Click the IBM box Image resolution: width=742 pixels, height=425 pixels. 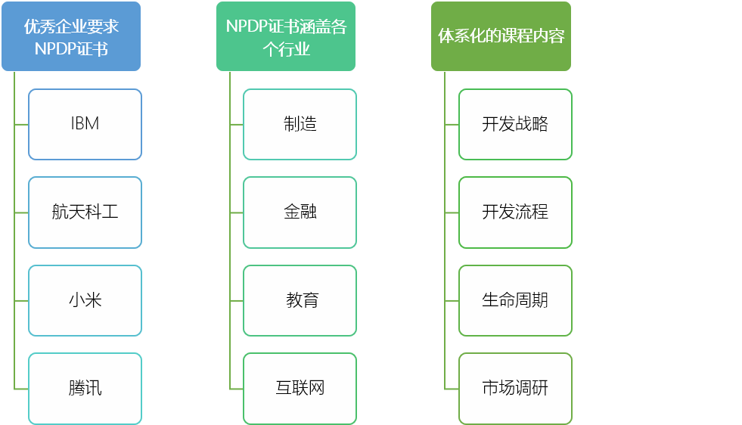[85, 124]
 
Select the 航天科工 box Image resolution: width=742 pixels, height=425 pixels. [85, 212]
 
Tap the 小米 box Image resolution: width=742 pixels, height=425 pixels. [85, 300]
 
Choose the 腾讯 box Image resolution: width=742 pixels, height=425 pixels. [85, 388]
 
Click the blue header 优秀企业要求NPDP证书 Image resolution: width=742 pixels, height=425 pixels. [71, 36]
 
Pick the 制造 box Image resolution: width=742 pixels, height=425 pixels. [300, 124]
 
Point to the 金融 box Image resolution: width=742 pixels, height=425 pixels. [300, 212]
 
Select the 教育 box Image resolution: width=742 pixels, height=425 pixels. [300, 300]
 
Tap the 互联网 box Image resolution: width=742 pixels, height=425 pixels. [300, 388]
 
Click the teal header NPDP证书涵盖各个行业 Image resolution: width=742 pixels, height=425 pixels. [286, 36]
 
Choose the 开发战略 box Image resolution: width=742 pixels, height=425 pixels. [515, 124]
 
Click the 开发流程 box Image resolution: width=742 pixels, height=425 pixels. [515, 212]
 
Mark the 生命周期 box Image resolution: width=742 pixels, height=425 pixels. [515, 300]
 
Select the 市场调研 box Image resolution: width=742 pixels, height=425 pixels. [515, 388]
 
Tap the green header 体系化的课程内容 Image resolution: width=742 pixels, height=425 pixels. [501, 36]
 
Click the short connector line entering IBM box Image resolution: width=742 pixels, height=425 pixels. [21, 124]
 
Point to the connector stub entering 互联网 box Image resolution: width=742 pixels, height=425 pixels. [236, 389]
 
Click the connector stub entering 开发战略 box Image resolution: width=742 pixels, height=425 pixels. [452, 124]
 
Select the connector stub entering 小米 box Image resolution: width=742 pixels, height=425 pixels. [21, 300]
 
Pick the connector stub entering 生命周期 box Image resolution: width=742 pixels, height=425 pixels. [452, 300]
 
